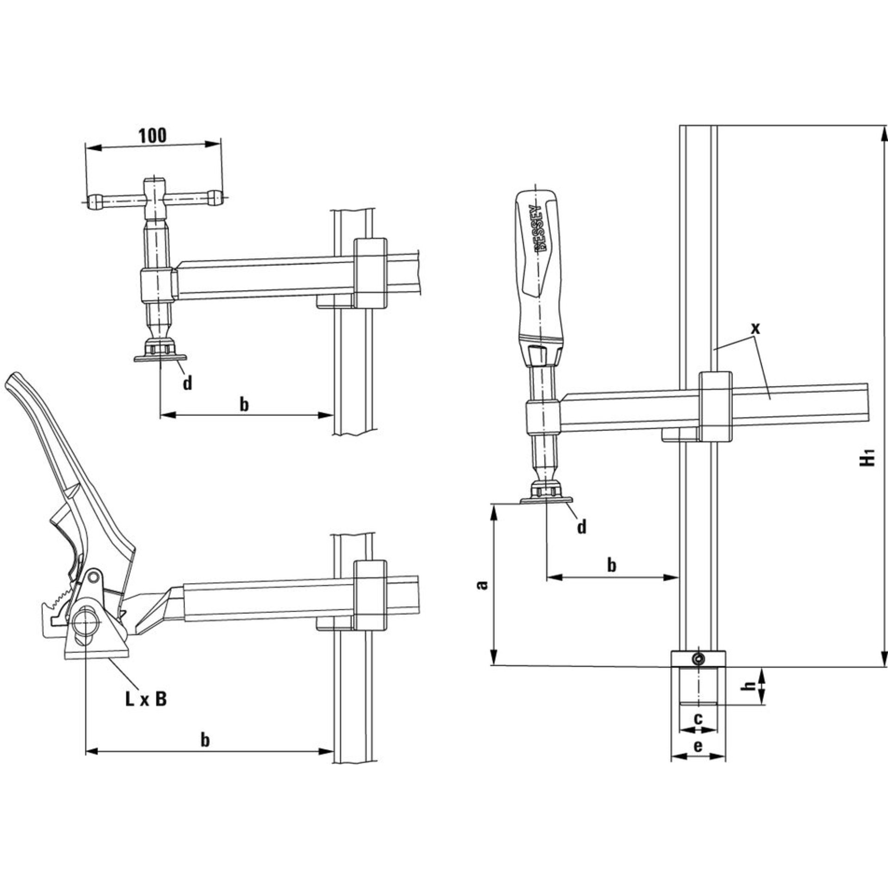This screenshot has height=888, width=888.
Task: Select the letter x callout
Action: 755,329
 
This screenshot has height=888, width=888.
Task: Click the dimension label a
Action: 482,585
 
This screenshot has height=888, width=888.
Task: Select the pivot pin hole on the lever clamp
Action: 95,576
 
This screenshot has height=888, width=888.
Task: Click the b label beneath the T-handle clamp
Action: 244,405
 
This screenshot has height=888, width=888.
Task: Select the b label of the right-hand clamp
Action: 611,566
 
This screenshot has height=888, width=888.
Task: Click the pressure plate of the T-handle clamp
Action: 160,358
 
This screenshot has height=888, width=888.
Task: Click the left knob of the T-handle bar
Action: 95,202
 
